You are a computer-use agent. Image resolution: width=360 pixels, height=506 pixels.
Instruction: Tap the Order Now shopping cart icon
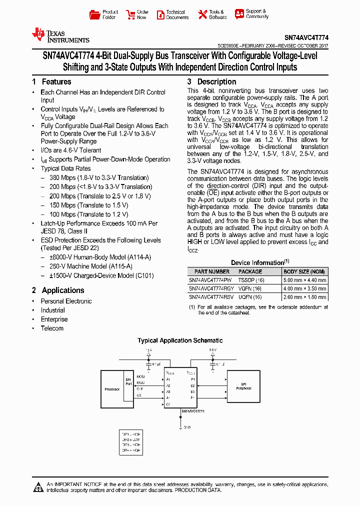[130, 14]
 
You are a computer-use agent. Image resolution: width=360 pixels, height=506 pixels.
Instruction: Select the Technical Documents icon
[160, 14]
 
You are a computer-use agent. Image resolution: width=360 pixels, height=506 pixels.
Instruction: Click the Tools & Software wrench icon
[202, 14]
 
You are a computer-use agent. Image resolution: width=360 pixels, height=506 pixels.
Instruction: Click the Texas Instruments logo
[60, 35]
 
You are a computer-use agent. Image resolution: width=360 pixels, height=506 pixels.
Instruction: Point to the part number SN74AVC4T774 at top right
[306, 37]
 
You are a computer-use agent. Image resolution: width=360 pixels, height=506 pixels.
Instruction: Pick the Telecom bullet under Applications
[52, 328]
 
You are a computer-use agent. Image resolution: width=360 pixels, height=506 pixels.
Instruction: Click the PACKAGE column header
[250, 271]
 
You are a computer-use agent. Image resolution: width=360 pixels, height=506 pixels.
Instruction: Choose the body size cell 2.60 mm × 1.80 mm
[304, 296]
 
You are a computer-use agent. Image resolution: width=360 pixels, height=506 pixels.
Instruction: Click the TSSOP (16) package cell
[250, 280]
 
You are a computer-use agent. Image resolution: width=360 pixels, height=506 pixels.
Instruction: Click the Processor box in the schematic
[112, 388]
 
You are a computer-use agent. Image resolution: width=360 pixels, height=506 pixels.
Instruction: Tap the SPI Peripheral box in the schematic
[243, 387]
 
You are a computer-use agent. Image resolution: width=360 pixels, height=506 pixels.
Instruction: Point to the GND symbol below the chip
[180, 427]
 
